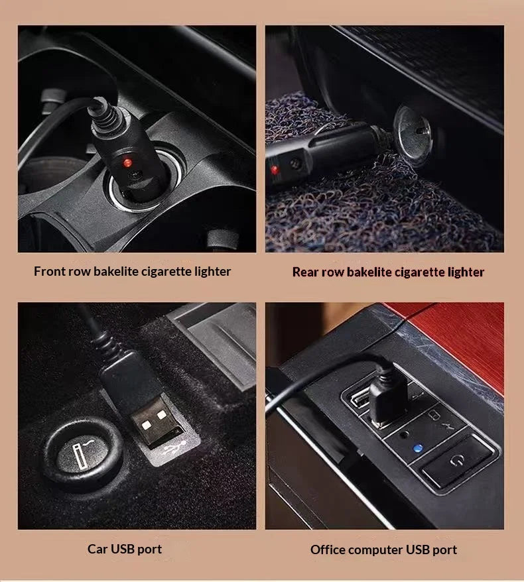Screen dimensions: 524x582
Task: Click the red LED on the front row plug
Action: [x=127, y=162]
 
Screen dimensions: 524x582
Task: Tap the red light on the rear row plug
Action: [x=275, y=170]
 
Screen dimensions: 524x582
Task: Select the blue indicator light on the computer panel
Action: [x=418, y=448]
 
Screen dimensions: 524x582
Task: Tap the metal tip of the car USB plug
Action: [x=158, y=422]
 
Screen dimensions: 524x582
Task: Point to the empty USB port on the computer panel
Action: [x=360, y=398]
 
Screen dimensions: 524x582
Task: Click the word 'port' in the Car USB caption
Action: [x=149, y=550]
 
